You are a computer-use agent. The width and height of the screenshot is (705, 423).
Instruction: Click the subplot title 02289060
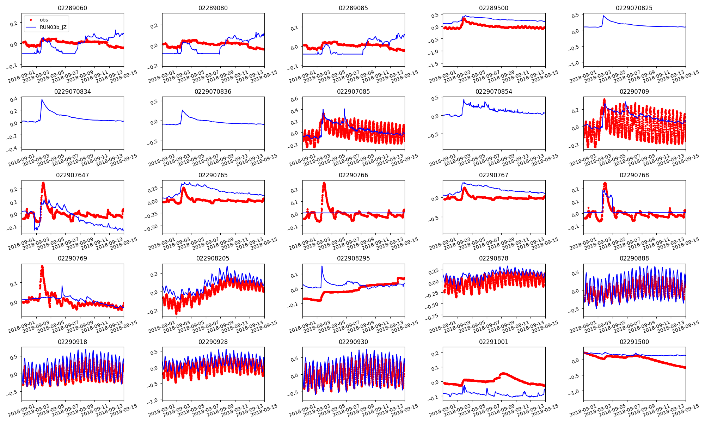[72, 8]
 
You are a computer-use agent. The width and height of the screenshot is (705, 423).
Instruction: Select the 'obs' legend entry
[44, 20]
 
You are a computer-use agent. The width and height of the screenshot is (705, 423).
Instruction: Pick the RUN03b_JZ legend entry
[53, 27]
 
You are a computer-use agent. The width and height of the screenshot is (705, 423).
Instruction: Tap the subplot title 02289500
[493, 8]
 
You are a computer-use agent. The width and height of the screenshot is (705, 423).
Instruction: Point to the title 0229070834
[72, 92]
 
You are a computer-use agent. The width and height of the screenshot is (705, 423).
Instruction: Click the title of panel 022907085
[353, 92]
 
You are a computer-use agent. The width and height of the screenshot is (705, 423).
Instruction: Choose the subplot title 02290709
[634, 92]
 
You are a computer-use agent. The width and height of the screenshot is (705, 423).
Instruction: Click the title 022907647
[72, 175]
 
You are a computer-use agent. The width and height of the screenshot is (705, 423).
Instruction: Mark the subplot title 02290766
[353, 175]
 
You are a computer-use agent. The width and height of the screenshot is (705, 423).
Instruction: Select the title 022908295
[353, 258]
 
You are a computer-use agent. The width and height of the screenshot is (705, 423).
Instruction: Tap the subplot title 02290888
[634, 258]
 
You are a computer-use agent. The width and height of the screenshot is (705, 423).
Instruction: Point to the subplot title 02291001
[493, 342]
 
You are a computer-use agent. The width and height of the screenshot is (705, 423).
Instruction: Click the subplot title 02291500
[634, 342]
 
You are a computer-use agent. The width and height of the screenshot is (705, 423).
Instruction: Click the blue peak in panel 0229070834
[42, 99]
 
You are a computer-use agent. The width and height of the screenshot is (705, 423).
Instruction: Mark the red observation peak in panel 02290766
[324, 183]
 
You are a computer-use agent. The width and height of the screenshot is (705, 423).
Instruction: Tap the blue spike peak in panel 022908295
[322, 266]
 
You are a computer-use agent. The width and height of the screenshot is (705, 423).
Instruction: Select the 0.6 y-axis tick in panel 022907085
[294, 99]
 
